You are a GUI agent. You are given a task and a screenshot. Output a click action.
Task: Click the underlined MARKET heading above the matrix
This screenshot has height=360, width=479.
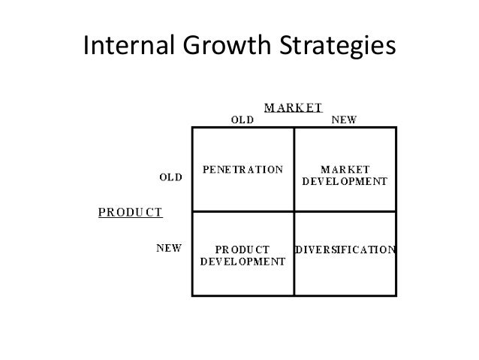tap(292, 107)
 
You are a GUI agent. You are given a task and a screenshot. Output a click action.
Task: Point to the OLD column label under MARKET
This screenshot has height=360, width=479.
tap(241, 119)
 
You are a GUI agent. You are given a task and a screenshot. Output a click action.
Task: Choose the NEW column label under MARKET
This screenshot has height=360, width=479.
tap(344, 119)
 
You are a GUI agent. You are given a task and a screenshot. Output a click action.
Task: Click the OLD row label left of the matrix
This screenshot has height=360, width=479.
tap(170, 177)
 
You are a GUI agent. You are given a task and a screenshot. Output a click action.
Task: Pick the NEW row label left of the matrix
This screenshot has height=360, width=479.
tap(168, 247)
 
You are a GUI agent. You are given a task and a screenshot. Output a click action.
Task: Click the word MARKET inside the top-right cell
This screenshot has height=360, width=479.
tap(345, 169)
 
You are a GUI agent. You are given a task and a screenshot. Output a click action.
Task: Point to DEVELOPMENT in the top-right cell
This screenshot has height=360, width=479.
tap(345, 181)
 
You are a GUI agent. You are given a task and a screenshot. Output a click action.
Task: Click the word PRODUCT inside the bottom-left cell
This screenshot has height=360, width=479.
tap(243, 250)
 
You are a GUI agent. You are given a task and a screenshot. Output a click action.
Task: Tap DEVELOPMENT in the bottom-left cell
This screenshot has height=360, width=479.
tap(243, 262)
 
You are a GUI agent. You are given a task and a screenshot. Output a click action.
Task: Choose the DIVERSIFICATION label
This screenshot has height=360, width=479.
tap(345, 249)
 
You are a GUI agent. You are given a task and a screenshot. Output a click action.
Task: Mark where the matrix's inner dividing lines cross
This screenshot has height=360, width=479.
tap(294, 211)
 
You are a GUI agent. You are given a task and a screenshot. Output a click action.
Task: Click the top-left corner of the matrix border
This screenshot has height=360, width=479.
tap(193, 129)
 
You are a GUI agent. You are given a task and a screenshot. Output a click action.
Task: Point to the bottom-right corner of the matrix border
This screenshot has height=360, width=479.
tap(395, 295)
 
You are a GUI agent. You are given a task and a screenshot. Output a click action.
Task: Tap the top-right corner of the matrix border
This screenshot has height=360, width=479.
tap(395, 129)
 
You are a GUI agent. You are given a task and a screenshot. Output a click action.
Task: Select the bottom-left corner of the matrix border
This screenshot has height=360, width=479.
tap(193, 295)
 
